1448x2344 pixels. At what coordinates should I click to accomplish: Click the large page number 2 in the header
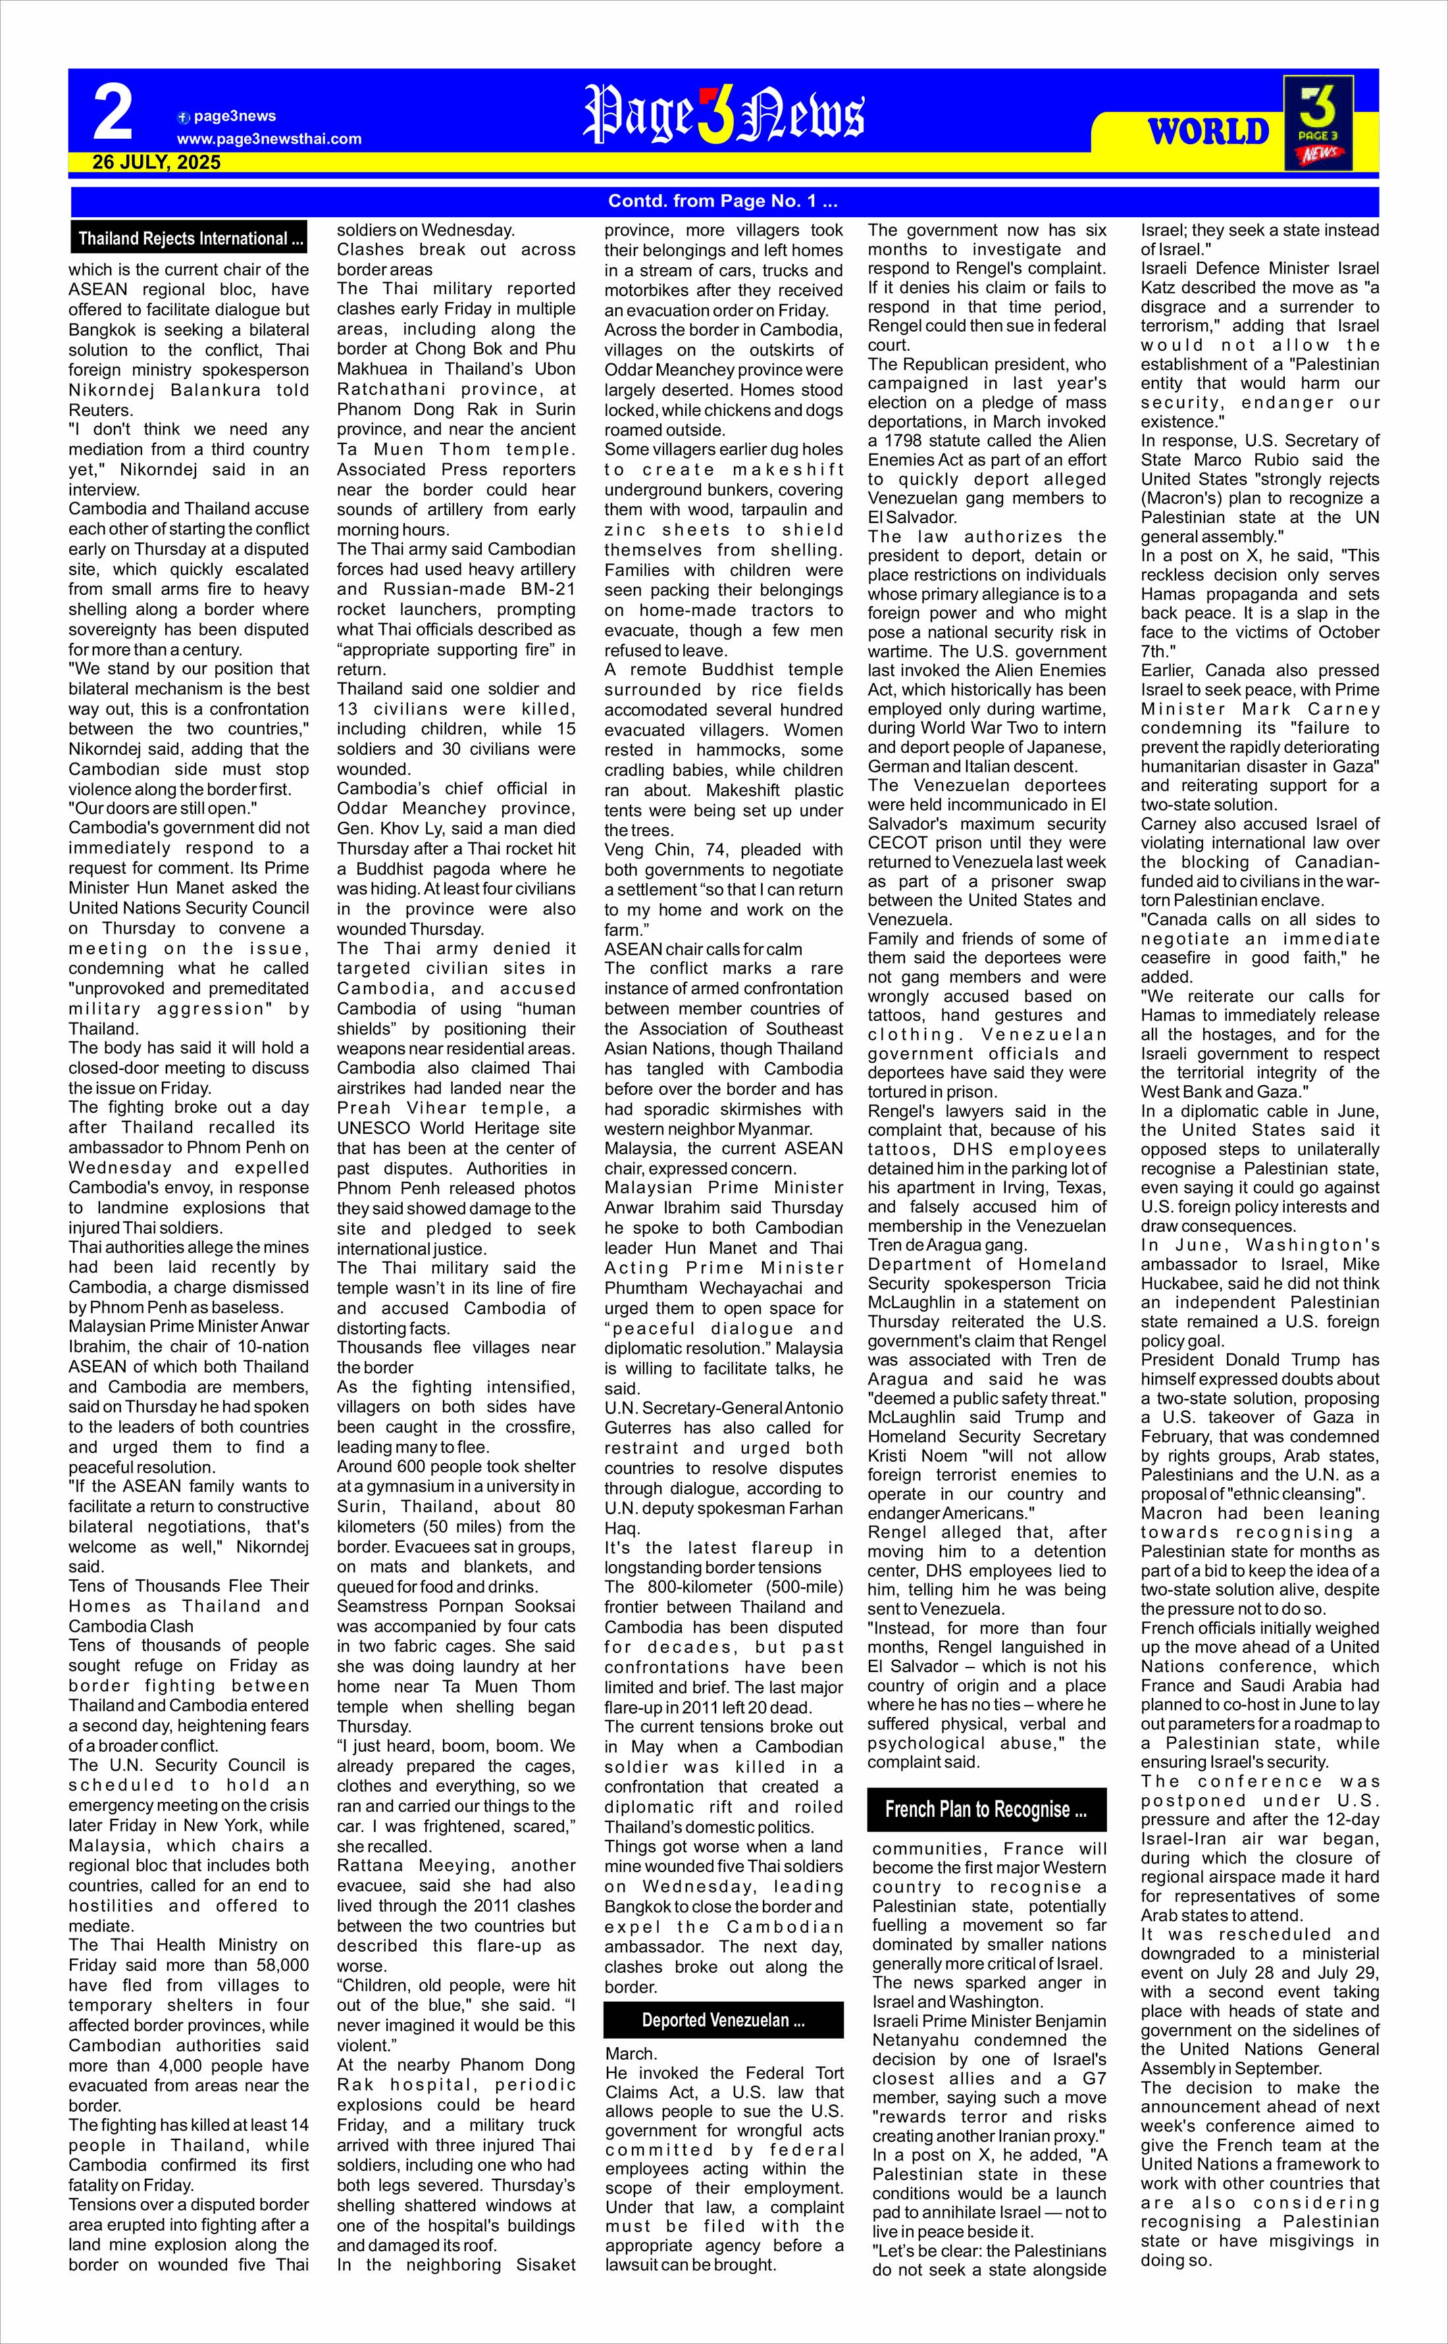click(113, 114)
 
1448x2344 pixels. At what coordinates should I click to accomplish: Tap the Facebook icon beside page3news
click(184, 117)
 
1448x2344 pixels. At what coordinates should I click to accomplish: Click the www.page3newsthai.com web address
click(269, 139)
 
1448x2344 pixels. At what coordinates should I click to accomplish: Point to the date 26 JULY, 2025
click(156, 163)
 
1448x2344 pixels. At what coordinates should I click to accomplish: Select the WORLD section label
click(1208, 131)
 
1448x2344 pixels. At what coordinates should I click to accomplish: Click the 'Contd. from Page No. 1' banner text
click(723, 201)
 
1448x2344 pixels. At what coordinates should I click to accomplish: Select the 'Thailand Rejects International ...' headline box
click(190, 238)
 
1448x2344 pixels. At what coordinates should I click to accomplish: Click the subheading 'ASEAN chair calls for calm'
click(703, 949)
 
